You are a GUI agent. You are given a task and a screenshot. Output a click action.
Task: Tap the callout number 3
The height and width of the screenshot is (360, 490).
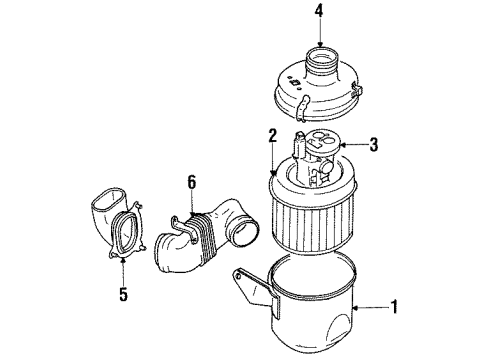point(373,143)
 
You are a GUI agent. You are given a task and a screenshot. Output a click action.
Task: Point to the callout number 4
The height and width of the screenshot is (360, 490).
point(319,13)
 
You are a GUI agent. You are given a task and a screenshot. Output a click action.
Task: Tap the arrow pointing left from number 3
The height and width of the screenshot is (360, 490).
point(350,143)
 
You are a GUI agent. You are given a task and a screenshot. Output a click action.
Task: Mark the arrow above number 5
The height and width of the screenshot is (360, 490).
point(123,268)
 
